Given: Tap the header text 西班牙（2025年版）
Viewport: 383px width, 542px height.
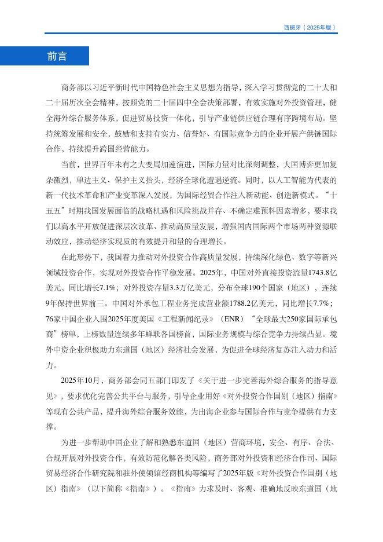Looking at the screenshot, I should tap(310, 27).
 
